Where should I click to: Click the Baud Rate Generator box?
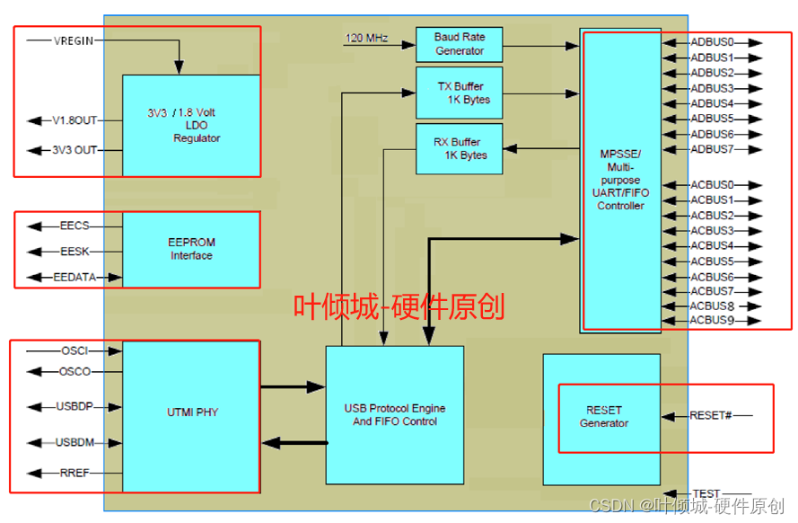coord(459,44)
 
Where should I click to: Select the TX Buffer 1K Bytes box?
coord(459,93)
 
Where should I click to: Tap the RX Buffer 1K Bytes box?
coord(459,148)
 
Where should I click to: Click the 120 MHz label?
coord(366,38)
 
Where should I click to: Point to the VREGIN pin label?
coord(74,40)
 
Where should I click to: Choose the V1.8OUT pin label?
coord(74,120)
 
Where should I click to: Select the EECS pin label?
coord(75,226)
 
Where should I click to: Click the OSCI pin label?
coord(75,350)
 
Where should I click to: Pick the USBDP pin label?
coord(75,406)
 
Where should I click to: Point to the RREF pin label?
coord(75,473)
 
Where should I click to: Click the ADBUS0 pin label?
coord(712,42)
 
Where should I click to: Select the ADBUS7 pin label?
coord(712,149)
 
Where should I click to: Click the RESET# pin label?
coord(710,415)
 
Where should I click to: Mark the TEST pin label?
coord(706,493)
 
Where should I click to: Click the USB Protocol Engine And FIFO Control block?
coord(394,415)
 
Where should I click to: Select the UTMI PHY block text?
coord(192,412)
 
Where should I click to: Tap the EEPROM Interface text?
coord(192,249)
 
